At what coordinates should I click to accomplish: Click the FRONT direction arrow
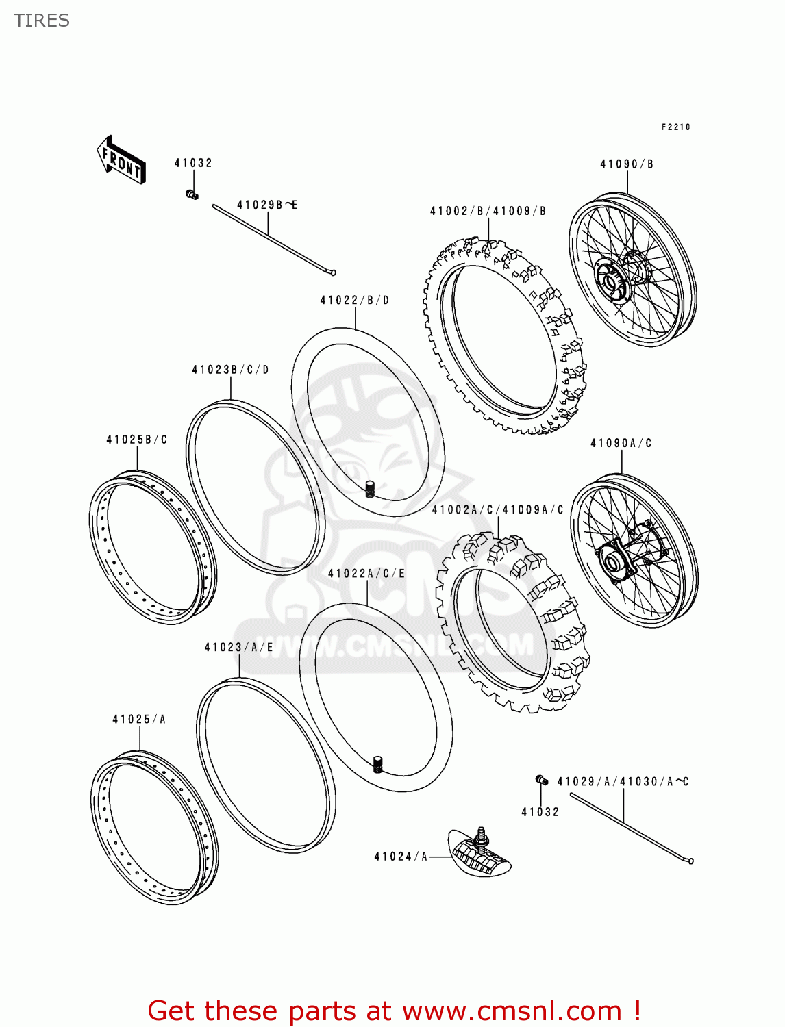121,160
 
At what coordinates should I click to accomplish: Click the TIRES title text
42,21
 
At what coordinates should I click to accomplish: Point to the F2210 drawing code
675,127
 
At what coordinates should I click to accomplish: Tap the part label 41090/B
627,164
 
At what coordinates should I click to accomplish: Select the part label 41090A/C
621,444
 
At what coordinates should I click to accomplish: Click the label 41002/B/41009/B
488,211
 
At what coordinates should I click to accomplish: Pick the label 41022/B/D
354,301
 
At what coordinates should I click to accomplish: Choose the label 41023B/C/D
230,370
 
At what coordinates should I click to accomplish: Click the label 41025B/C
136,440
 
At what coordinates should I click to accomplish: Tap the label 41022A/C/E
366,574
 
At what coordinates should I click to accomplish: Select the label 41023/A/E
238,648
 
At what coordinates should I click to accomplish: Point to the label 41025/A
139,720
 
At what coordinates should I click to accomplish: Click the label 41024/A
401,857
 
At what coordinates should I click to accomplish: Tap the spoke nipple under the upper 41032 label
192,195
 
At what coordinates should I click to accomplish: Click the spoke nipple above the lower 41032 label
540,780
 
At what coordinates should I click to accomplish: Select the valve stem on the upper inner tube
370,490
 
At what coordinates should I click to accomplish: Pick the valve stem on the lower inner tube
377,765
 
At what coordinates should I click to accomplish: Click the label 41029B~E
267,205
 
